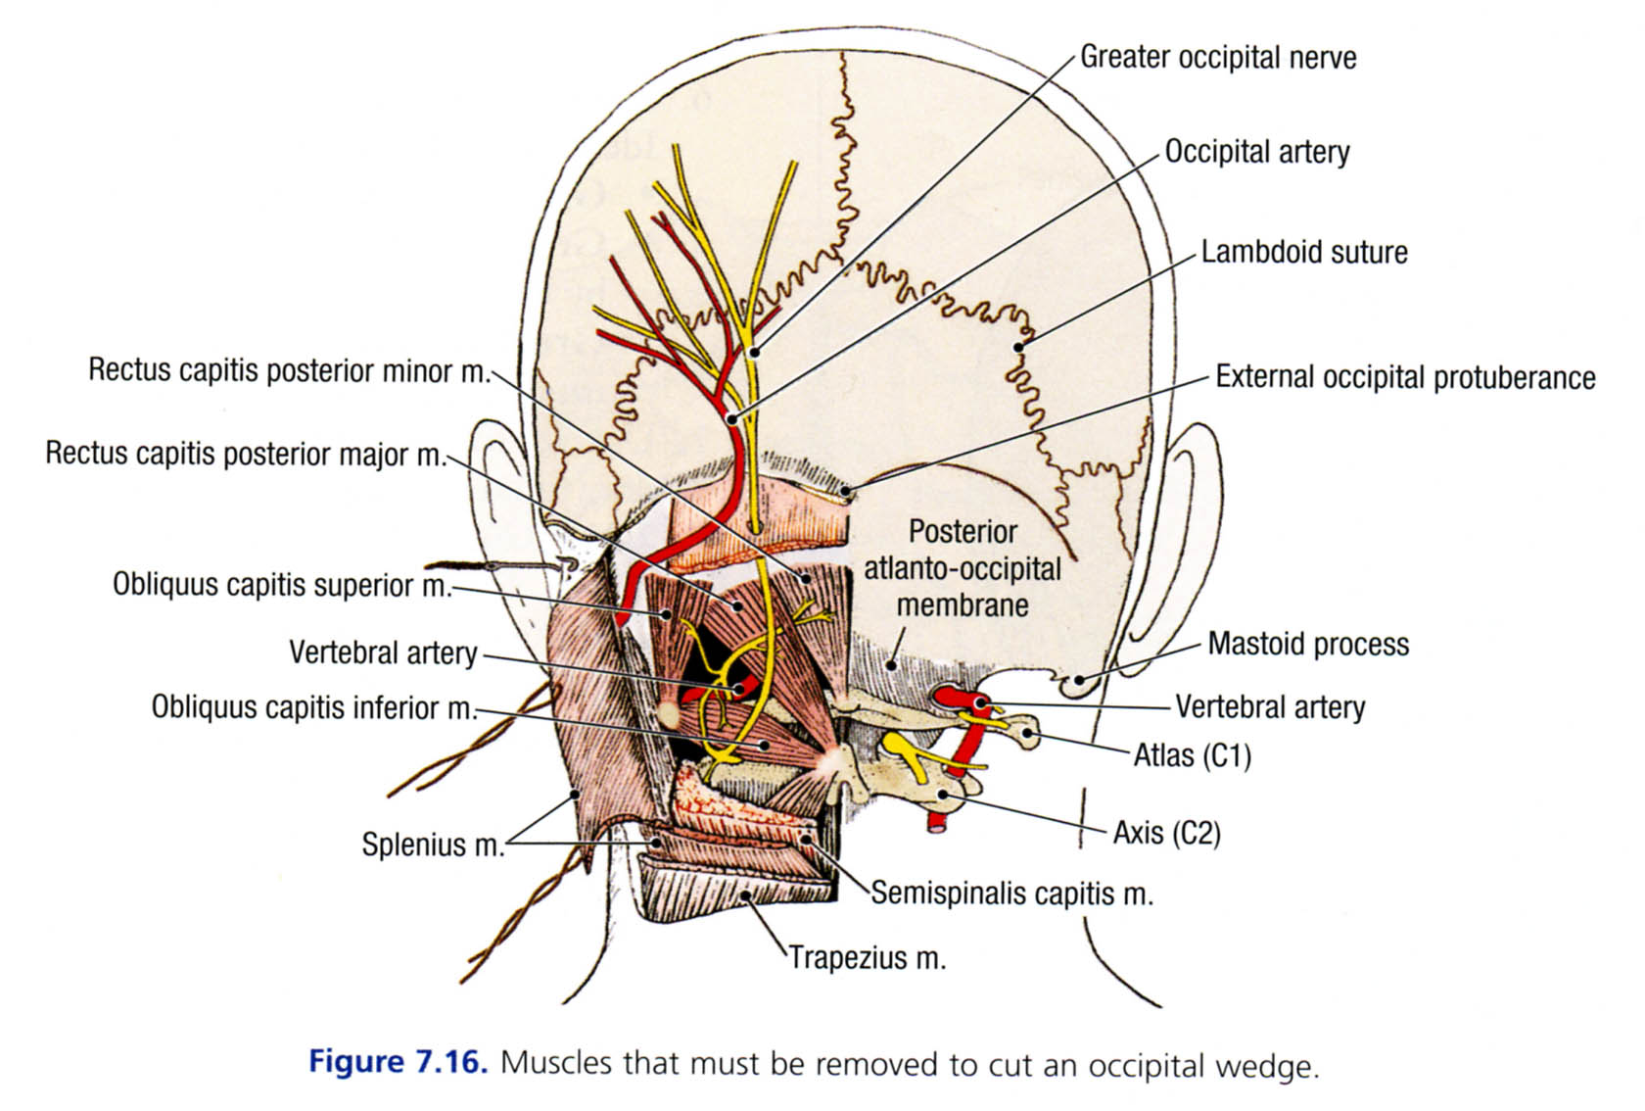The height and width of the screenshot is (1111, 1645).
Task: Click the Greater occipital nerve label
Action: (1218, 58)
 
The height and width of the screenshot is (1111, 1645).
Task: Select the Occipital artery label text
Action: (1257, 152)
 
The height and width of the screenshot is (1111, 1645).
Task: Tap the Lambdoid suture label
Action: (1304, 252)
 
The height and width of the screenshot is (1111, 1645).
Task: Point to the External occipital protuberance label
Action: (1405, 377)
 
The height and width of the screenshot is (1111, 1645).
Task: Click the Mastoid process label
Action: (1308, 644)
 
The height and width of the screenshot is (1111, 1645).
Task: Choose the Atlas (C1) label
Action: (1193, 755)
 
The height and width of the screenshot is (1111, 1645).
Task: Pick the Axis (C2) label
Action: (1167, 833)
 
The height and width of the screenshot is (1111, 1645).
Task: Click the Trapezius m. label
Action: (868, 957)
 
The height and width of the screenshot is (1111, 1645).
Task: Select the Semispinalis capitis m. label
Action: (1011, 893)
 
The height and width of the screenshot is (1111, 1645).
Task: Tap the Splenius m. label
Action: (433, 844)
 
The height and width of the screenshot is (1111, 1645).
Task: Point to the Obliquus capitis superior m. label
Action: (282, 585)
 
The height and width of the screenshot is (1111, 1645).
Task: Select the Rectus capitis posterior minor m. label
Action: (289, 370)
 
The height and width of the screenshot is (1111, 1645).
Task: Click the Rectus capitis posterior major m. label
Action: (245, 454)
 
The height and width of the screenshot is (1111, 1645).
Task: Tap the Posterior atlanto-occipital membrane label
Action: (963, 568)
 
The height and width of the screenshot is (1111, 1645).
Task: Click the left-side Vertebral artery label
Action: (383, 652)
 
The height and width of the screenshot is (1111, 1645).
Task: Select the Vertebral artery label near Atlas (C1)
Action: (1270, 706)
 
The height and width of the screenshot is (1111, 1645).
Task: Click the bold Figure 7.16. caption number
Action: (398, 1062)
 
